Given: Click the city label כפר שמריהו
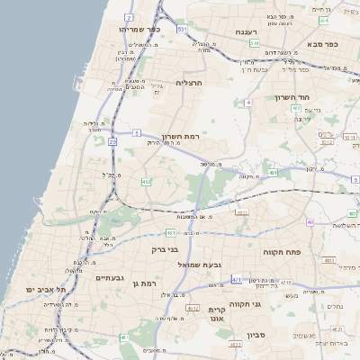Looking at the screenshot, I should pos(139,29).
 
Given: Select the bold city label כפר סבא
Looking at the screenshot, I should pos(320,43).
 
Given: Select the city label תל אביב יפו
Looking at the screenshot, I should pos(47,290).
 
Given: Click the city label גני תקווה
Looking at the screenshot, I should pos(244,303).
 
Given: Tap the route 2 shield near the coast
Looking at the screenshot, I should pos(129,17).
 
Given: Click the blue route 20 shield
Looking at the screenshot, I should pos(112,141).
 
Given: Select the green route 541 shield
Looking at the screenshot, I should pos(255,42).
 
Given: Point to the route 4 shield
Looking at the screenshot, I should pos(247,103).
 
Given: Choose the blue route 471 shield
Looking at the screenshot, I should pos(237,280).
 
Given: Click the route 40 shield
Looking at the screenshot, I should pos(310,222).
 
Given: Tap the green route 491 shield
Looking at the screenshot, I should pos(272,172).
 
